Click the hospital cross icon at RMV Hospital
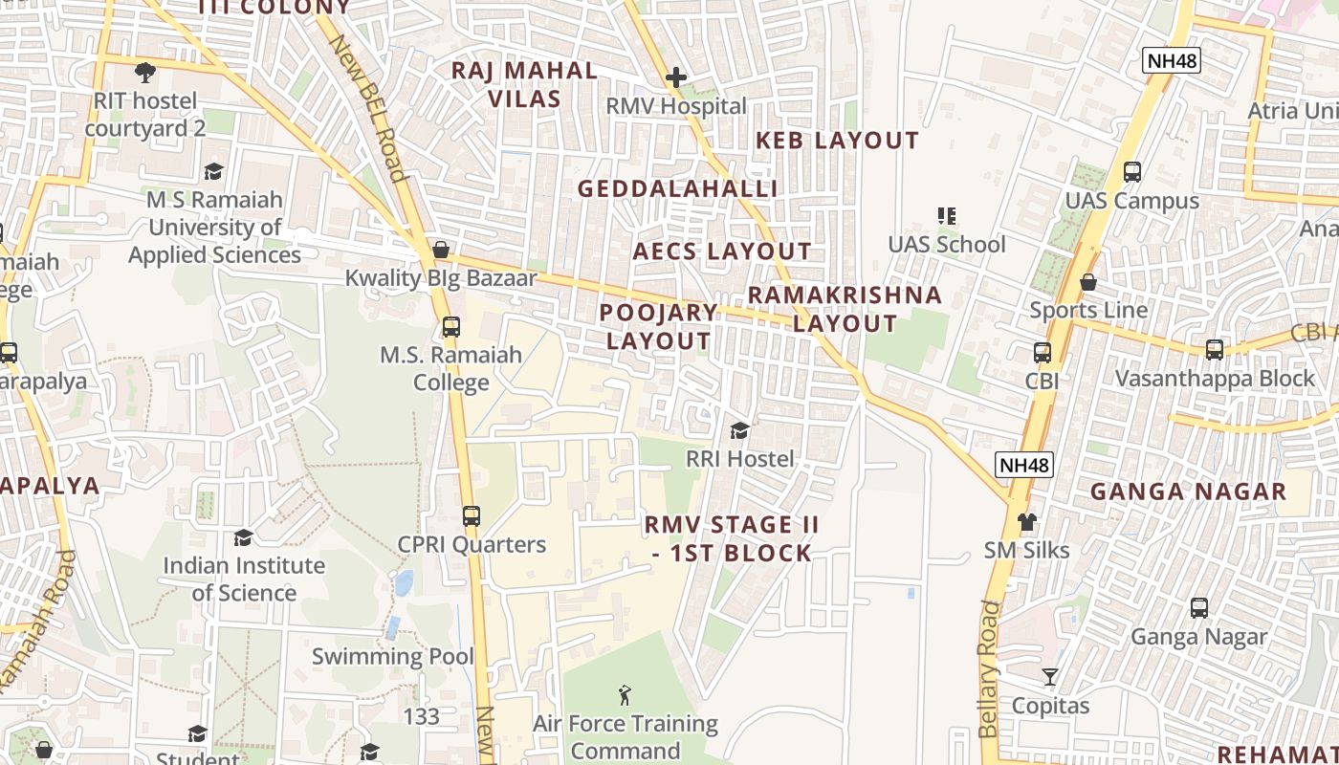coord(676,76)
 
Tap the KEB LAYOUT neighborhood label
coord(837,141)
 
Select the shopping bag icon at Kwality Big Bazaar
coord(441,250)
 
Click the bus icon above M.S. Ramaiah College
coord(450,327)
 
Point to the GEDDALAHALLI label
coord(677,189)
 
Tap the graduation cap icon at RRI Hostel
coord(739,430)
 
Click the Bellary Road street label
coord(989,668)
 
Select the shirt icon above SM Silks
coord(1027,522)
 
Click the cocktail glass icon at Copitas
coord(1050,677)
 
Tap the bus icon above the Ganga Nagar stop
coord(1199,607)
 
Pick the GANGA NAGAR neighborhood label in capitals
coord(1188,492)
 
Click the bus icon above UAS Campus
coord(1132,172)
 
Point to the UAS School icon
coord(947,216)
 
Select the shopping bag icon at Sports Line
coord(1088,282)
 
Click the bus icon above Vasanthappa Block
coord(1215,350)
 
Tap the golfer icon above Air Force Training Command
coord(625,695)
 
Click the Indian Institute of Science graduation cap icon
coord(243,537)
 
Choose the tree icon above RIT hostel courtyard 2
coord(145,72)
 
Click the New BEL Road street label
coord(368,107)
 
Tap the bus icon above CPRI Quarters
coord(471,516)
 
